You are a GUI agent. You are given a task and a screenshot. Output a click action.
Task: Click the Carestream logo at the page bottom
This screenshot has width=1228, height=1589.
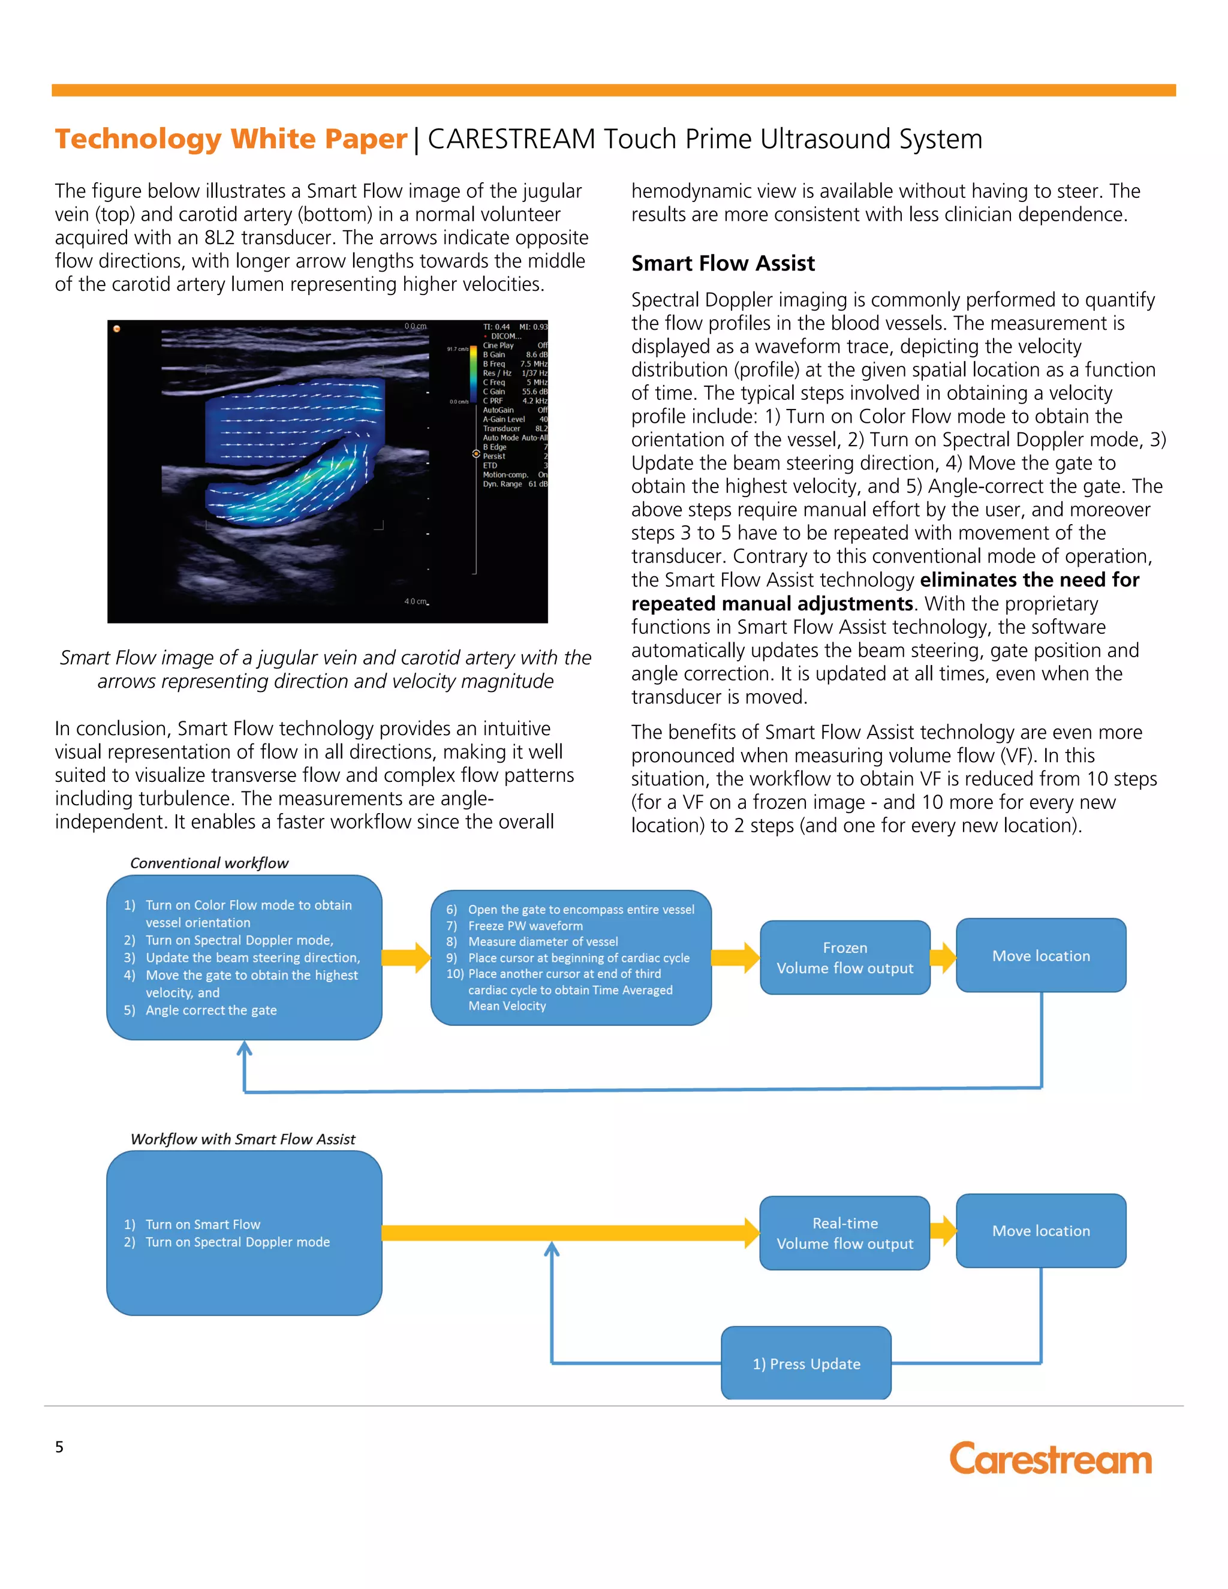pos(1050,1459)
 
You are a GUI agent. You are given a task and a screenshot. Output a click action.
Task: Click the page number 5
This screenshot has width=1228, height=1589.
pos(59,1447)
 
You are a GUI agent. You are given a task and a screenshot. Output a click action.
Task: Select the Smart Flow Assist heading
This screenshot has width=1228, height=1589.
pos(723,263)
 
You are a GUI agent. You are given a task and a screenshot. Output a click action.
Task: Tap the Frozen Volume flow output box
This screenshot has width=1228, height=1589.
pos(845,958)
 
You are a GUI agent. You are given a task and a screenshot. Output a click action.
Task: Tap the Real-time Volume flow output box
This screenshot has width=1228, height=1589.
pos(845,1233)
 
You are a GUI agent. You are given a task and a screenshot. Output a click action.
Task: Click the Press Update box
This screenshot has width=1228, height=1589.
pos(806,1364)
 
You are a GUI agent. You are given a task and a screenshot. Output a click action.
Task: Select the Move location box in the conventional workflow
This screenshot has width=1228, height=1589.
pos(1040,955)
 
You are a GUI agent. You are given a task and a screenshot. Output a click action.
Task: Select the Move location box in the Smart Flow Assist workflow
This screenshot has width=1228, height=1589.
pos(1040,1230)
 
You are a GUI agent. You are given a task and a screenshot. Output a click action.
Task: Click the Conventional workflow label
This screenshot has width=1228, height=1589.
pos(209,863)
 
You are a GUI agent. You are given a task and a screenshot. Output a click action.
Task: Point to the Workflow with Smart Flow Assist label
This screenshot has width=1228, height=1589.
pos(243,1139)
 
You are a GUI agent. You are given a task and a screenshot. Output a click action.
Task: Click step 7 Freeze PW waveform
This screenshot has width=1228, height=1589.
pos(525,925)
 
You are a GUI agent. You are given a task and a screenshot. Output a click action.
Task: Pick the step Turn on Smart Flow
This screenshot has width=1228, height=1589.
pos(202,1224)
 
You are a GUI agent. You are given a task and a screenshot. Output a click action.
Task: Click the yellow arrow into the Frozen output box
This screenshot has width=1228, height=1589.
pos(735,958)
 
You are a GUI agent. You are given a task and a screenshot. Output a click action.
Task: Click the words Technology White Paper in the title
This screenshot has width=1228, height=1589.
pos(231,139)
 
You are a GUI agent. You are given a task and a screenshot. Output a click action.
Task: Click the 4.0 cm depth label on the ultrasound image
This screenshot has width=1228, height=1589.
pos(416,601)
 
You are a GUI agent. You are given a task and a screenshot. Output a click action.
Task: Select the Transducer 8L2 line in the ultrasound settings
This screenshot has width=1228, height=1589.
pos(514,429)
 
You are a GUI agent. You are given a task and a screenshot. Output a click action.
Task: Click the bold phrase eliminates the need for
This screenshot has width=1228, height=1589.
pos(1030,580)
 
